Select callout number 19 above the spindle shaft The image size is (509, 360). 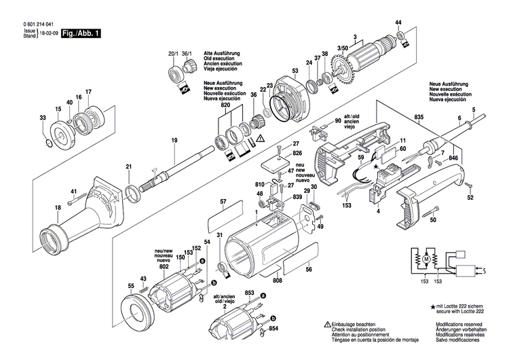[x=174, y=140]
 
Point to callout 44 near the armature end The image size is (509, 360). [x=398, y=23]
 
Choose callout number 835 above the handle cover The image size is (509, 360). [x=419, y=118]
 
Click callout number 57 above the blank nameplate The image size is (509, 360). [x=223, y=202]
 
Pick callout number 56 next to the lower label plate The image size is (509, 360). [x=308, y=270]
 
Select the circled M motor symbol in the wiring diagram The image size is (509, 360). [x=426, y=259]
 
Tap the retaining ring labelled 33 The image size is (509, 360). [x=45, y=142]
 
